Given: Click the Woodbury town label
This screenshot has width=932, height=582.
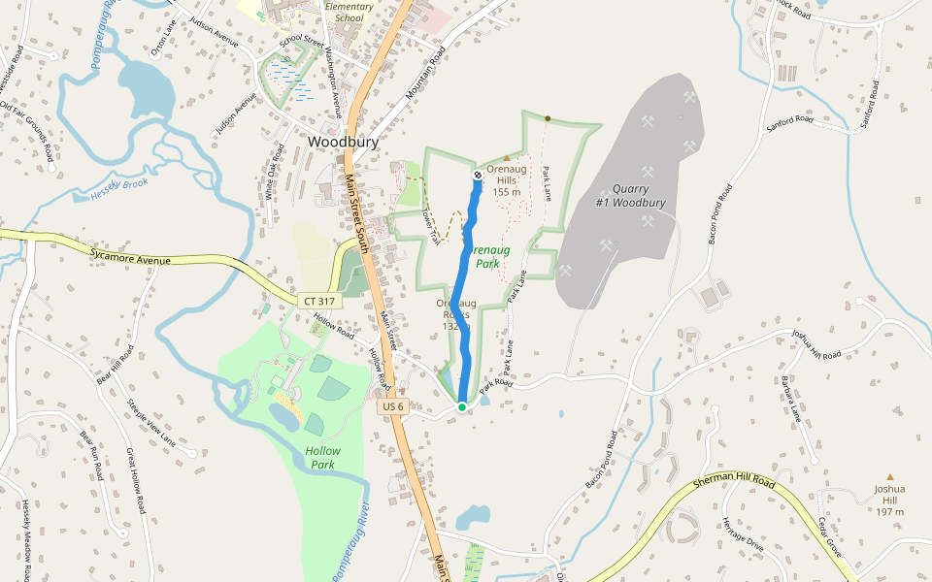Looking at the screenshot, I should pos(343,142).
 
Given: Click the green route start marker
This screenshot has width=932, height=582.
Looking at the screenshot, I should pos(462,406).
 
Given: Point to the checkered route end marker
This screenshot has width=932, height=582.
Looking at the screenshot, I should pos(478,175).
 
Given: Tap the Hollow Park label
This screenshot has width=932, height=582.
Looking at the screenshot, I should pos(322,458).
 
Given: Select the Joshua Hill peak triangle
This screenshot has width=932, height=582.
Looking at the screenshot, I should pos(889,476).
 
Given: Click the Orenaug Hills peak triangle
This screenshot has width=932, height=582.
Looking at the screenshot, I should pos(506,157).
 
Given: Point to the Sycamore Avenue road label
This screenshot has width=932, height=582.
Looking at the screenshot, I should pos(130,257).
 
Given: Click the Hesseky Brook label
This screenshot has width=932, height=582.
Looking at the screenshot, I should pos(118,184).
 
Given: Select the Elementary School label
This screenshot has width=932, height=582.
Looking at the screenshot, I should pos(349,12).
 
